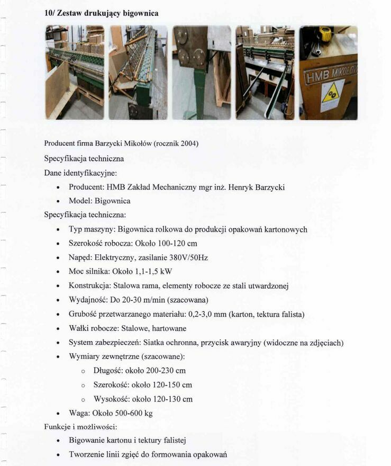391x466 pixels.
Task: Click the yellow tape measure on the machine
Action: (324, 34)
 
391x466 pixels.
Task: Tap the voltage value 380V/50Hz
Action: (187, 257)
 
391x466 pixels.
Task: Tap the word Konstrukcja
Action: (89, 286)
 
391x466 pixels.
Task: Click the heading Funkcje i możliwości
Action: (80, 426)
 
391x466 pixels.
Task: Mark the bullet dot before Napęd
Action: (58, 258)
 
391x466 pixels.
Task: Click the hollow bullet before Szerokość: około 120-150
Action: (83, 385)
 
